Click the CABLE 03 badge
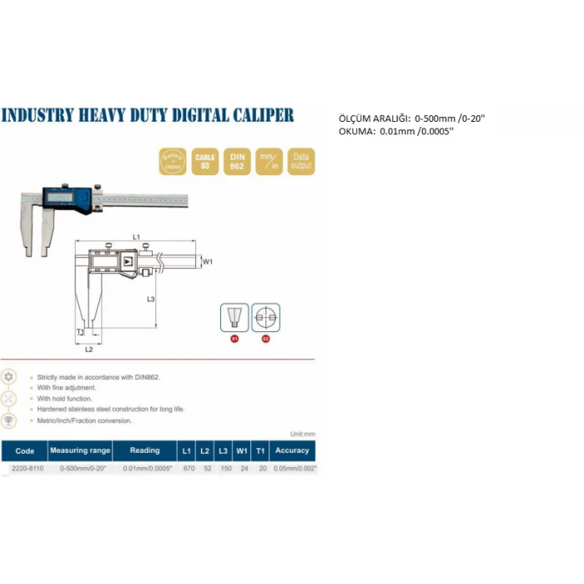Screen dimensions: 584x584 (x=204, y=161)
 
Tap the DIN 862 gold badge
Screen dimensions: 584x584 (x=236, y=161)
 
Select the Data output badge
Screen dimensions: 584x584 (x=300, y=161)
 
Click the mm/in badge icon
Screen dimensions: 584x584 (x=268, y=161)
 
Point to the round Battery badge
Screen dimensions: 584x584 (x=172, y=161)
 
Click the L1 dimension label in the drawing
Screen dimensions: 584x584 (x=136, y=237)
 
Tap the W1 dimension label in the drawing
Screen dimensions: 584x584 (x=209, y=261)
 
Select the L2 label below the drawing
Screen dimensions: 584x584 (x=88, y=349)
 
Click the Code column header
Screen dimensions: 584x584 (x=24, y=451)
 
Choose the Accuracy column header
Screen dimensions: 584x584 (x=292, y=451)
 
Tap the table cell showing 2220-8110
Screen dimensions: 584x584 (x=24, y=469)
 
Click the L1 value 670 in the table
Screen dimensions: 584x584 (x=188, y=469)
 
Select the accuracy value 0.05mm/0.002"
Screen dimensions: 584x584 (x=295, y=469)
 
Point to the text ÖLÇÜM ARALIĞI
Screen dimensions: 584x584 (x=373, y=118)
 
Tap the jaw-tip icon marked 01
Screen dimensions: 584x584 (x=234, y=320)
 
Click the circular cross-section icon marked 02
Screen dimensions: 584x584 (x=266, y=318)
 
